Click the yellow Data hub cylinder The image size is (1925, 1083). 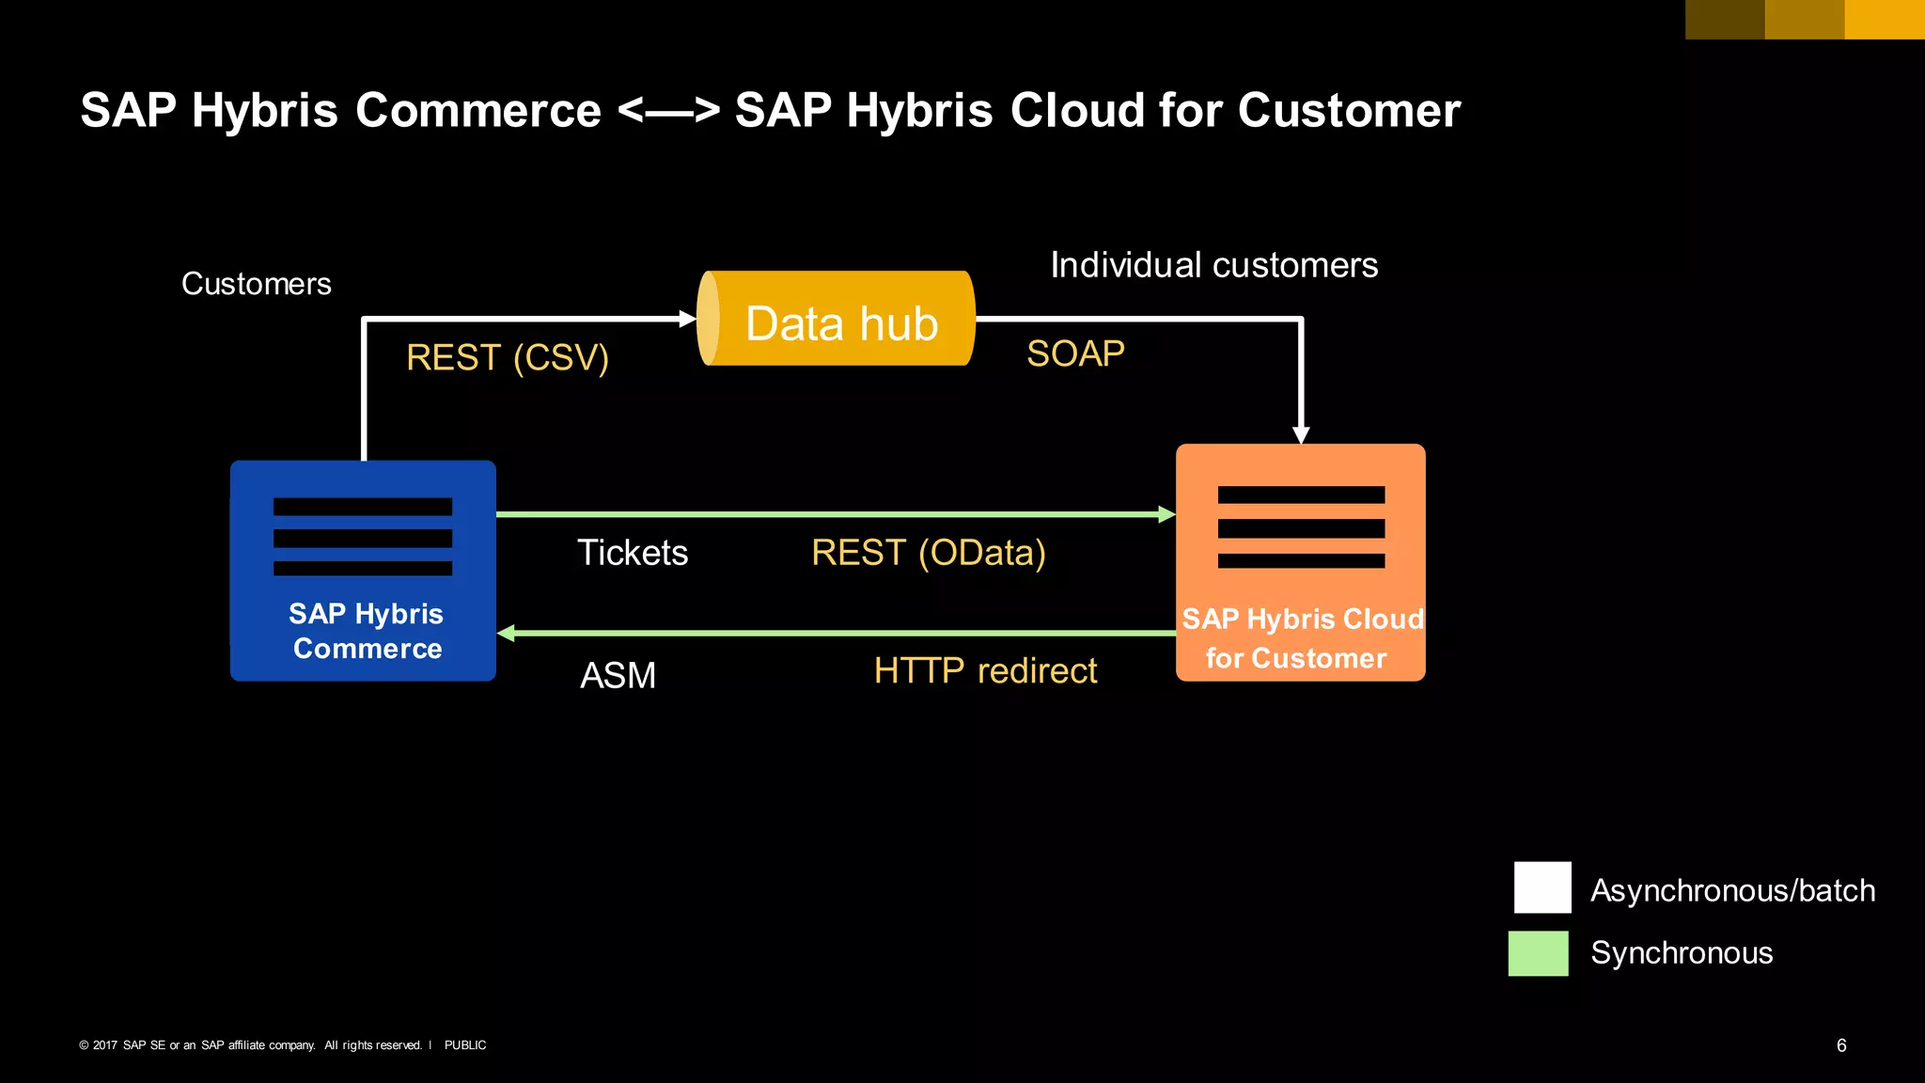[x=836, y=319]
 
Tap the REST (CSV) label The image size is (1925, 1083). [x=508, y=357]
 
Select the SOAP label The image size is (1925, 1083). [x=1075, y=353]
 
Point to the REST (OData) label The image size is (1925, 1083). [x=929, y=553]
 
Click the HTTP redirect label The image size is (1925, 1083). [x=985, y=671]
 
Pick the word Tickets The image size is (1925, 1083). [x=633, y=553]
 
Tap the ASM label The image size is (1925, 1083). [x=618, y=675]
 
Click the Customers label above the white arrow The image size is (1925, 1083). [x=256, y=284]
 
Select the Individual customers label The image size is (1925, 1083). [x=1213, y=265]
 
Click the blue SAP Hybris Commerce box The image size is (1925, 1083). [x=363, y=571]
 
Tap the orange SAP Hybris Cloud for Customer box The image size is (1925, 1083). [x=1300, y=562]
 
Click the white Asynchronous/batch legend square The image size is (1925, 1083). [x=1542, y=887]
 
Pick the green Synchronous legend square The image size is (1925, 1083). [x=1538, y=953]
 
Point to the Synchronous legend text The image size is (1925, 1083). [x=1682, y=953]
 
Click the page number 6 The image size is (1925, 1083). [x=1841, y=1045]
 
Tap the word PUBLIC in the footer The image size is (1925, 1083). [x=465, y=1045]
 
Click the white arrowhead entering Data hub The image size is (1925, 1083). [x=688, y=320]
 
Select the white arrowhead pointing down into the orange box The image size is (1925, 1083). [x=1301, y=434]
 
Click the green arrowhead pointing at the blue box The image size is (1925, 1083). [x=506, y=634]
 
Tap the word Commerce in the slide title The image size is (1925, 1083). [x=477, y=110]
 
